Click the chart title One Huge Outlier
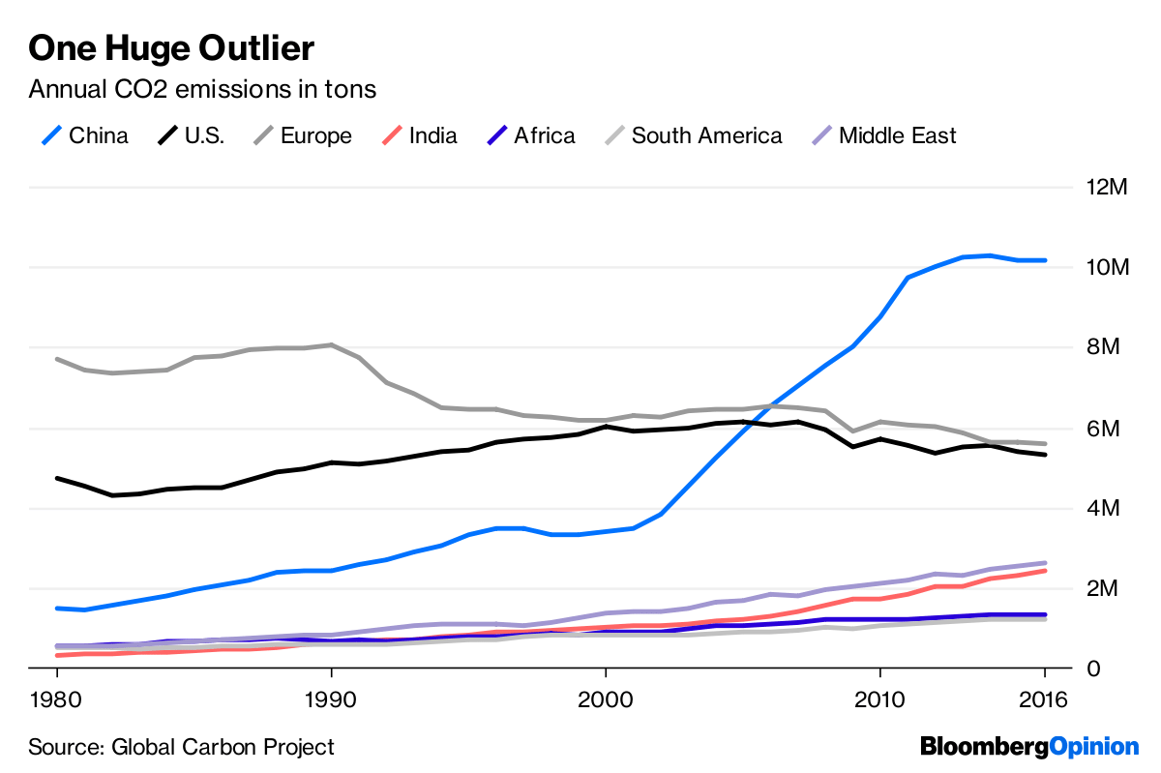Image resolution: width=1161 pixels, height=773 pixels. pyautogui.click(x=171, y=47)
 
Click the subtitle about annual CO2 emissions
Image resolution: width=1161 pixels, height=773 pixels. pyautogui.click(x=202, y=90)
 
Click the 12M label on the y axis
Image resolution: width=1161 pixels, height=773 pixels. pyautogui.click(x=1108, y=187)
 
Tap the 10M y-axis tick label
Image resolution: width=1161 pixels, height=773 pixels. pyautogui.click(x=1108, y=267)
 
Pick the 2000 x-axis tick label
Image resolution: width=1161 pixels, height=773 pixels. pyautogui.click(x=606, y=699)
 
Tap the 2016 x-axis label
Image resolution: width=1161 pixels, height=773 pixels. pyautogui.click(x=1044, y=699)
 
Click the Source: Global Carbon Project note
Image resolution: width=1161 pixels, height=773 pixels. pyautogui.click(x=181, y=747)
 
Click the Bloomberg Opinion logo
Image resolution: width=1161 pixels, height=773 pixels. pyautogui.click(x=1029, y=747)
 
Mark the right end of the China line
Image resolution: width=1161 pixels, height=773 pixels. pyautogui.click(x=1045, y=260)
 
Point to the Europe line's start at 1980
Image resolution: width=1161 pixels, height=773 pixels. pyautogui.click(x=57, y=359)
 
